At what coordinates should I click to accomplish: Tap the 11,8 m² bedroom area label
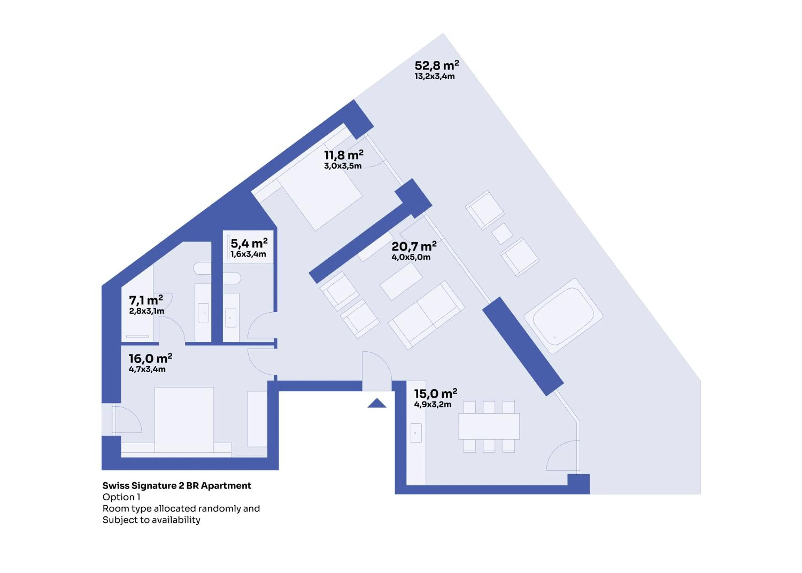click(344, 155)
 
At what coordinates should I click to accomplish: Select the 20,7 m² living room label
click(414, 246)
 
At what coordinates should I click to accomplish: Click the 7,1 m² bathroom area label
click(146, 300)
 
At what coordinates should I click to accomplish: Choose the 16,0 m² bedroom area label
click(150, 358)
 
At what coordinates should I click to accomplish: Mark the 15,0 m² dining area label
click(435, 393)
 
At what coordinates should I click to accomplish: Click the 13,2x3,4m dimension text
click(434, 76)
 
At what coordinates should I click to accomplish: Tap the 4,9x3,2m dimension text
click(433, 404)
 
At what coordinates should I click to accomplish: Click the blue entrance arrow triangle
click(377, 403)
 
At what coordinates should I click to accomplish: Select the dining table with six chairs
click(489, 426)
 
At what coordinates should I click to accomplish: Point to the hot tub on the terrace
click(563, 316)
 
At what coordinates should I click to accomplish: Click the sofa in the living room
click(426, 315)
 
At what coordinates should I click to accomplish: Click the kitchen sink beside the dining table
click(416, 433)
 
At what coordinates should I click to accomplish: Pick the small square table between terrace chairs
click(502, 234)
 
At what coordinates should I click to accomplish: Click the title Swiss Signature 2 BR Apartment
click(177, 486)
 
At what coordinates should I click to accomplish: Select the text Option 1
click(121, 497)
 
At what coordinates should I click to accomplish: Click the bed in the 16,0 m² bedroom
click(184, 420)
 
